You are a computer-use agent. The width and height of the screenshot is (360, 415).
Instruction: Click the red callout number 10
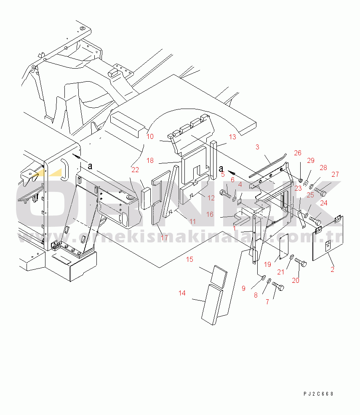click(150, 136)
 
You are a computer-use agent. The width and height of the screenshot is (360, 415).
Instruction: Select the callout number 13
click(232, 137)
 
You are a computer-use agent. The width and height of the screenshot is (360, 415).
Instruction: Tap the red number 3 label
click(257, 147)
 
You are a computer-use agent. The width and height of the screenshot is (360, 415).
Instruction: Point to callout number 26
click(298, 153)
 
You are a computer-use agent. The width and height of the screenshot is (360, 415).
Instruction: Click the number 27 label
click(335, 174)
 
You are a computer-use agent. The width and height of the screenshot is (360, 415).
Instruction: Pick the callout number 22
click(135, 170)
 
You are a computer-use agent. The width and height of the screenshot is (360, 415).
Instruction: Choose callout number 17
click(164, 238)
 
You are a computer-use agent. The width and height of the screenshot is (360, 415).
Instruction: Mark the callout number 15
click(189, 259)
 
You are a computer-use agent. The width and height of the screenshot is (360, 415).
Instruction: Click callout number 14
click(182, 293)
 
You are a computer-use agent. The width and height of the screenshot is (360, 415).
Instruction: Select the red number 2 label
click(333, 270)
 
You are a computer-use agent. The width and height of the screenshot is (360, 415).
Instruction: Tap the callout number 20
click(296, 281)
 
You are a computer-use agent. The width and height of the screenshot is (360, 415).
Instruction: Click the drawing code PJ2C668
click(318, 394)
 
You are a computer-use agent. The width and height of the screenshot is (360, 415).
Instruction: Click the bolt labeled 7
click(278, 286)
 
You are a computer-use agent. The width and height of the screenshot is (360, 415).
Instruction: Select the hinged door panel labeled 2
click(328, 238)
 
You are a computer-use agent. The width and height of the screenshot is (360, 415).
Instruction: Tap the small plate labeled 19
click(284, 246)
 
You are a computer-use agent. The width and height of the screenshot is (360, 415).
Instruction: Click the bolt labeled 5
click(225, 194)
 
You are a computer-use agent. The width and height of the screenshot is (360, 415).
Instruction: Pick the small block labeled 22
click(146, 199)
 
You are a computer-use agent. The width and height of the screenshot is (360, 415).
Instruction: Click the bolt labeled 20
click(301, 262)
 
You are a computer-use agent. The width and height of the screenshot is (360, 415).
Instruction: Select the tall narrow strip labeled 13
click(213, 160)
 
